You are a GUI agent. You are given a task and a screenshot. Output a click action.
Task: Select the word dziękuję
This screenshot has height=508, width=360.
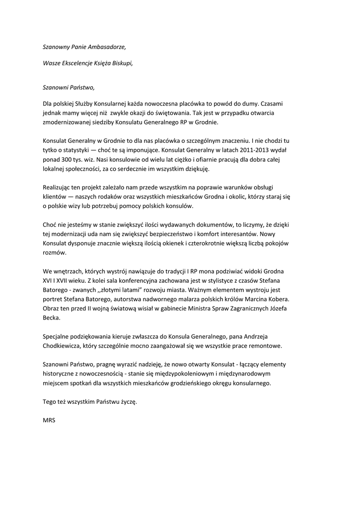197,169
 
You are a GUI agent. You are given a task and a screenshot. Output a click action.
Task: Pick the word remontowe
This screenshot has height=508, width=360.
267,346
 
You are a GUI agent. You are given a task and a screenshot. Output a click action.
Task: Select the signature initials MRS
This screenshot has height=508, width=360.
49,420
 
